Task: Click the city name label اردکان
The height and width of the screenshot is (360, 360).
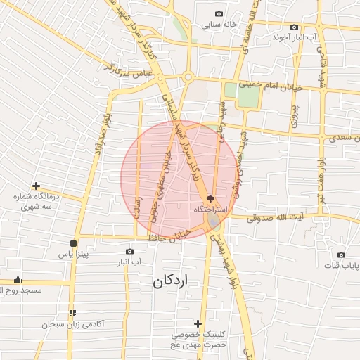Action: (x=171, y=281)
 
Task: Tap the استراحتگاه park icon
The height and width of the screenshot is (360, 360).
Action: (x=211, y=199)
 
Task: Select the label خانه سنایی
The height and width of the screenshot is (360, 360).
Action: (x=240, y=24)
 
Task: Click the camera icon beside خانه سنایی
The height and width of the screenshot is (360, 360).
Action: (x=219, y=14)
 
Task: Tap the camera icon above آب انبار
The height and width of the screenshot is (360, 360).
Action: (x=129, y=252)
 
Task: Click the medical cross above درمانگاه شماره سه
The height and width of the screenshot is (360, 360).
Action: (x=36, y=186)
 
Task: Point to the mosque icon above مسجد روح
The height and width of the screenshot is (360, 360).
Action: (x=17, y=279)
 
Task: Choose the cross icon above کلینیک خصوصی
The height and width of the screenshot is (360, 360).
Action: (x=198, y=323)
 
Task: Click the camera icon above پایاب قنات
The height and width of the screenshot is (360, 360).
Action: (x=341, y=255)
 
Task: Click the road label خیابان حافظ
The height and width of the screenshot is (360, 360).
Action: (x=169, y=236)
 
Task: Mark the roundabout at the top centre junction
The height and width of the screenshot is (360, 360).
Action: (x=188, y=77)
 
